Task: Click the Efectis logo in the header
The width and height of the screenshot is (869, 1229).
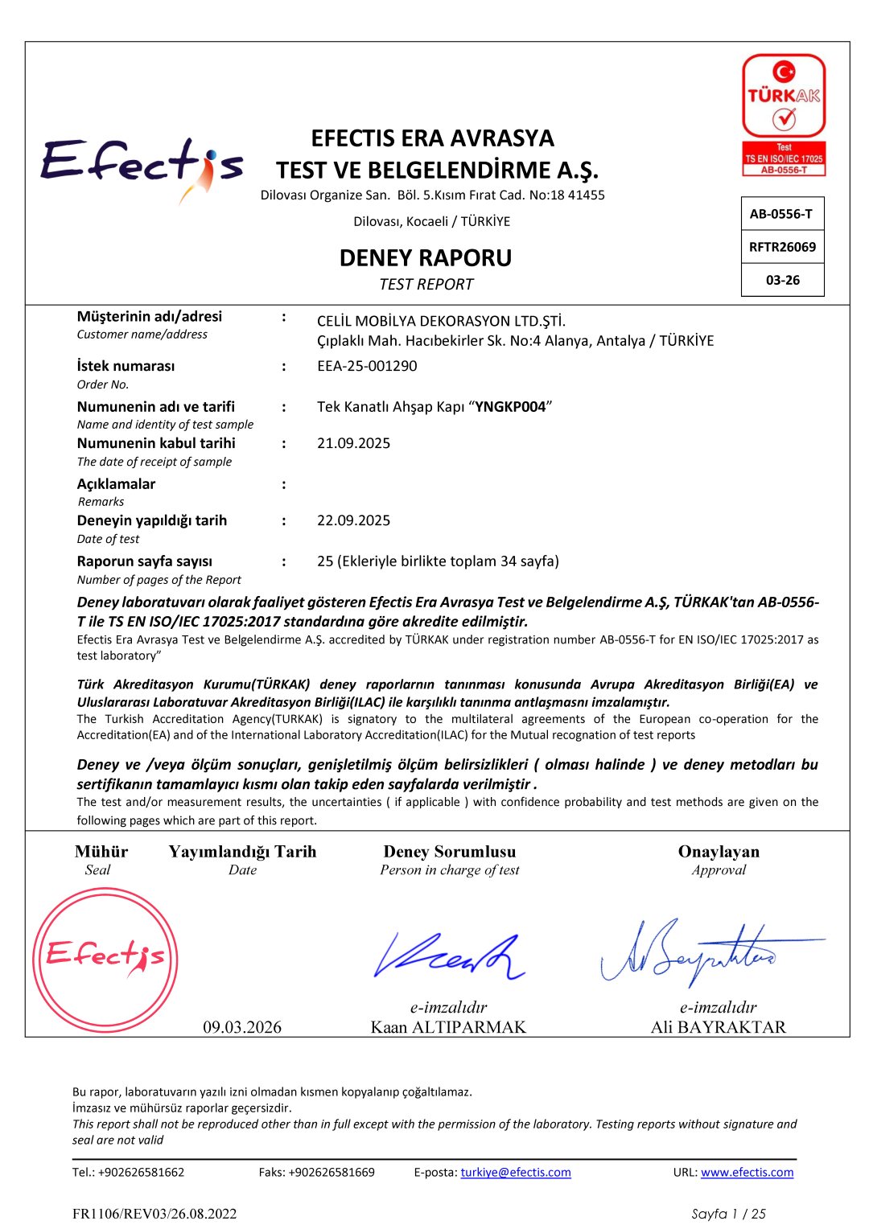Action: click(x=142, y=165)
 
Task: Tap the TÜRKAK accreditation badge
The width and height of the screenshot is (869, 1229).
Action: click(x=784, y=114)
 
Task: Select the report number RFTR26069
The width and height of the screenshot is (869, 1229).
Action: click(x=782, y=247)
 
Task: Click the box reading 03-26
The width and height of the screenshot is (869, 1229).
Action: click(x=782, y=280)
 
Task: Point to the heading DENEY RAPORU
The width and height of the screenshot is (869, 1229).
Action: click(x=426, y=258)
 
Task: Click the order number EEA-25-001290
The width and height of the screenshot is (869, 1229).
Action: click(x=367, y=366)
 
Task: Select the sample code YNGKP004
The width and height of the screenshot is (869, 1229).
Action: click(x=510, y=407)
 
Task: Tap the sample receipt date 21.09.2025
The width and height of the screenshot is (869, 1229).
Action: click(x=353, y=443)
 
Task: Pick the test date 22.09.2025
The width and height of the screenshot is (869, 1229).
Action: click(x=353, y=520)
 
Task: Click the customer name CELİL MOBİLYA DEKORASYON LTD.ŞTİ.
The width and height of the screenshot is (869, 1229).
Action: click(x=441, y=321)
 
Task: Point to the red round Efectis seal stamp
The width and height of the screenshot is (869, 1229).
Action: click(x=105, y=960)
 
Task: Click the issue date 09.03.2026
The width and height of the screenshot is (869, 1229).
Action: click(x=242, y=1027)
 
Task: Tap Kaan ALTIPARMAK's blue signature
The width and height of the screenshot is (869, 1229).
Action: click(x=447, y=956)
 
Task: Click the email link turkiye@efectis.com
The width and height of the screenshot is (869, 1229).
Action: click(x=516, y=1172)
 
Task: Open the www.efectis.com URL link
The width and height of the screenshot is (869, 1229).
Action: click(x=747, y=1172)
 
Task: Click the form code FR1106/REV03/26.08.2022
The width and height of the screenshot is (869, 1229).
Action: click(x=154, y=1214)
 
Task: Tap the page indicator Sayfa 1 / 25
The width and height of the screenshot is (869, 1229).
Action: click(x=728, y=1214)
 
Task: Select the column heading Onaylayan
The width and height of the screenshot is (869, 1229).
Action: click(x=719, y=852)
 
